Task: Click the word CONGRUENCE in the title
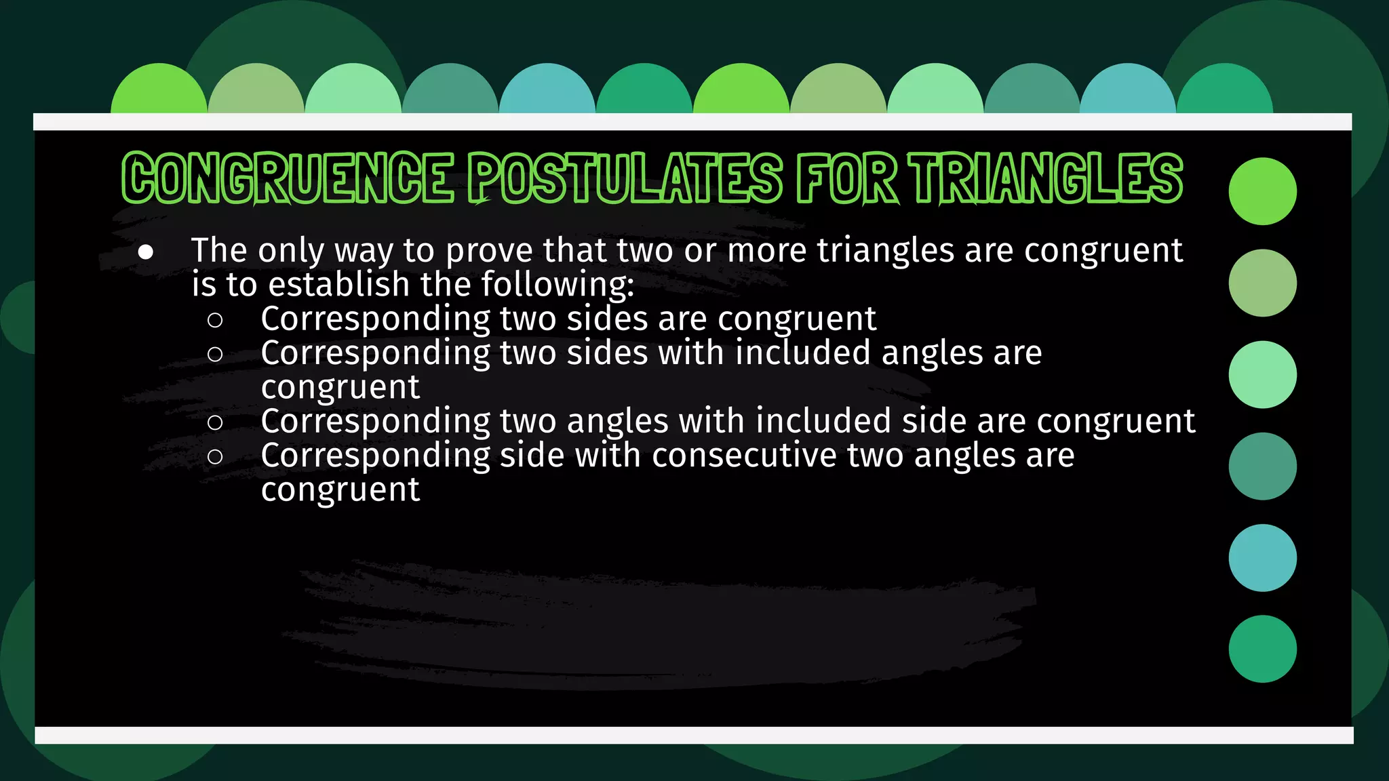click(x=288, y=178)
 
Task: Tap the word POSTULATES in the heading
click(x=625, y=178)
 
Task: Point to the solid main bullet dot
click(x=145, y=252)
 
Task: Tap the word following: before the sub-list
click(x=557, y=285)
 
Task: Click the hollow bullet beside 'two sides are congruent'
click(x=215, y=320)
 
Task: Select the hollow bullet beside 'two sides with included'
click(x=215, y=354)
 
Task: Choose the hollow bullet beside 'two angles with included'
click(x=215, y=422)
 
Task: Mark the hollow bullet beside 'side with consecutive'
click(x=215, y=457)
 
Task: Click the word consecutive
click(x=744, y=455)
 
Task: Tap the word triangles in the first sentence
click(x=886, y=251)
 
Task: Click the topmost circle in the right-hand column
click(x=1262, y=191)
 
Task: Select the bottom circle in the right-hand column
click(x=1262, y=649)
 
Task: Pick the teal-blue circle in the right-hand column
click(x=1262, y=557)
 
